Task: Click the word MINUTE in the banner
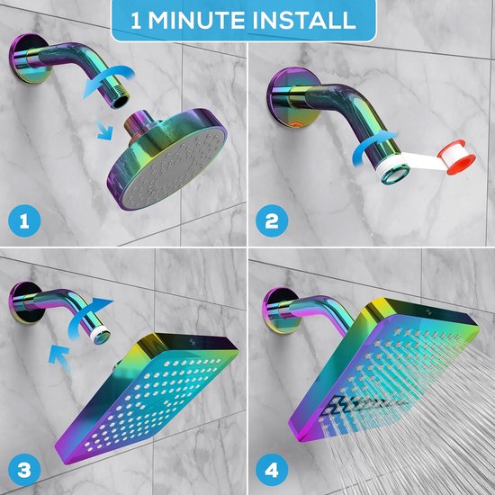[x=197, y=21]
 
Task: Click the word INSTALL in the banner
[x=304, y=21]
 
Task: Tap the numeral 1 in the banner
[x=135, y=21]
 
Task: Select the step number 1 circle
[x=24, y=220]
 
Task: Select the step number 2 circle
[x=272, y=220]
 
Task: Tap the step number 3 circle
[x=24, y=470]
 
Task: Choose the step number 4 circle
[x=272, y=470]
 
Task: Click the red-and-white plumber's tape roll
[x=456, y=157]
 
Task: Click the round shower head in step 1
[x=167, y=159]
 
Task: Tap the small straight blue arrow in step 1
[x=104, y=130]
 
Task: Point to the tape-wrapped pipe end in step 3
[x=101, y=336]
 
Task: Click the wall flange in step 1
[x=27, y=58]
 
